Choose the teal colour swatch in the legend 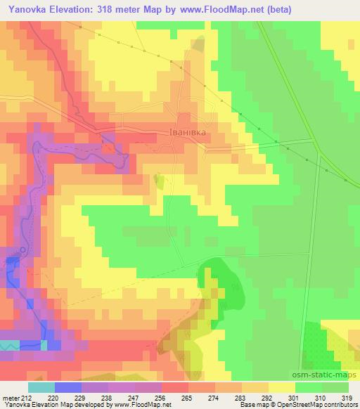pos(41,387)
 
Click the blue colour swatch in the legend pos(68,387)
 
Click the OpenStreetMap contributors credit pos(320,405)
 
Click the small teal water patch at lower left pos(11,344)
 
